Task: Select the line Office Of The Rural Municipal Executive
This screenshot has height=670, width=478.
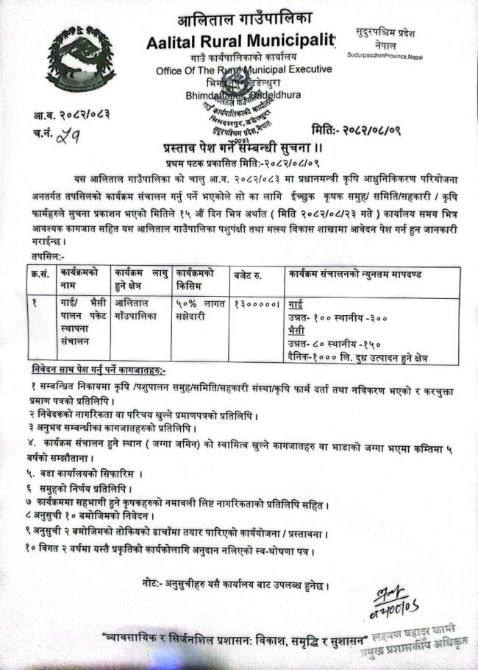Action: [243, 69]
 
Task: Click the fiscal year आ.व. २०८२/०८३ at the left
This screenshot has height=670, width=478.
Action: [71, 115]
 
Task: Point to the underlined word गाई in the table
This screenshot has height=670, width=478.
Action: [296, 303]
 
